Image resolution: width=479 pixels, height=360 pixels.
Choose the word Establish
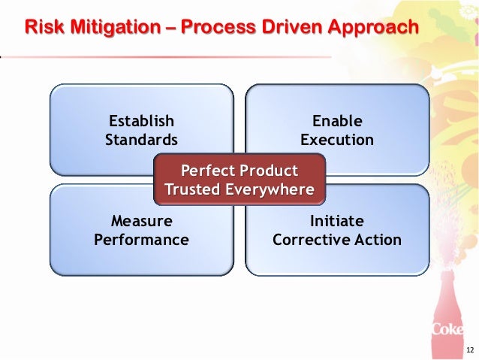point(142,120)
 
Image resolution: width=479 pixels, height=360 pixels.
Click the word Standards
point(142,140)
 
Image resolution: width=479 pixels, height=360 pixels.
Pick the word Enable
point(337,120)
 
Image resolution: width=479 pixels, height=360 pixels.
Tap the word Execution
point(337,140)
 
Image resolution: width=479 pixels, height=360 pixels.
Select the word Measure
point(142,221)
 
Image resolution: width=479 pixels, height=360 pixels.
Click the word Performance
point(142,241)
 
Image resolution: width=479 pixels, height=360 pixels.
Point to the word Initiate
point(337,221)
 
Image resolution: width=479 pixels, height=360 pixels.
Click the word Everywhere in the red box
point(270,189)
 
